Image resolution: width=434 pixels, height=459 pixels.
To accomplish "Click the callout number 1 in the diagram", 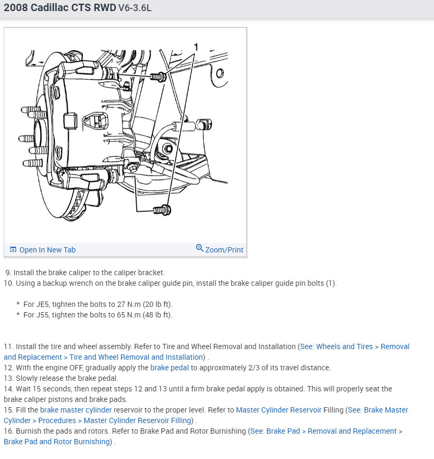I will point(196,47).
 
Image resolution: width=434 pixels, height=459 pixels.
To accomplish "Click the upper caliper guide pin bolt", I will point(158,77).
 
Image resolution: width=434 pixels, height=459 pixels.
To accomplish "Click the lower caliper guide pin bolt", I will point(161,210).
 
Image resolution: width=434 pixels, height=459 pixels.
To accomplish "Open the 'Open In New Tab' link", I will point(47,250).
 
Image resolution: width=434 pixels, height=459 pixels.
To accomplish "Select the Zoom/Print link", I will point(224,250).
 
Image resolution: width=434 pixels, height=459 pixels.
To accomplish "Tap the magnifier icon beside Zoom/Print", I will point(200,248).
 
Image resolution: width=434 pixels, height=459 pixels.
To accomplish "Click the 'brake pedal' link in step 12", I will point(169,368).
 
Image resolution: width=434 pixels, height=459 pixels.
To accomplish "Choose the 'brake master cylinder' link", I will point(76,410).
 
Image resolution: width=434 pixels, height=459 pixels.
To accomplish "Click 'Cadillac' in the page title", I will point(53,8).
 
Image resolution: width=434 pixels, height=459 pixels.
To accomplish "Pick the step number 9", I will point(8,273).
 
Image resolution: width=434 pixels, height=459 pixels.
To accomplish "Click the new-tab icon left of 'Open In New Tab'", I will point(13,250).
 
